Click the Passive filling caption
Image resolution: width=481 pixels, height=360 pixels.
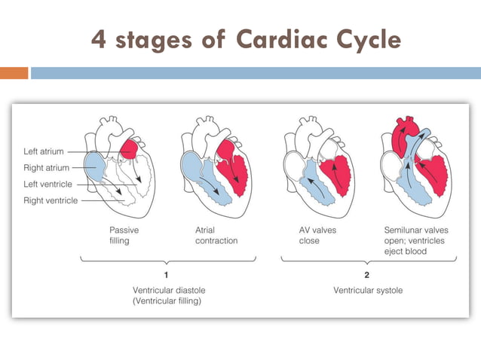124,235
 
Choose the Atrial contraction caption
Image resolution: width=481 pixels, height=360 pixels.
216,235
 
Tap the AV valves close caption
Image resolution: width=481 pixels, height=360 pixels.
309,235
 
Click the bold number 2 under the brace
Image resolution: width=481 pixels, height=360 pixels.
366,274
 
